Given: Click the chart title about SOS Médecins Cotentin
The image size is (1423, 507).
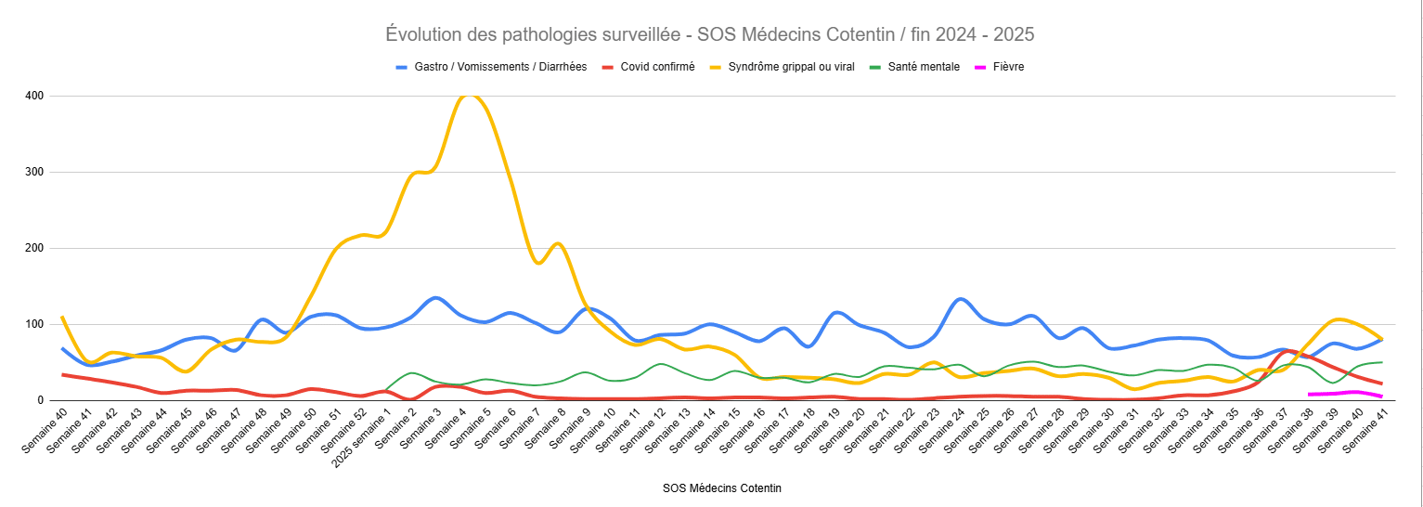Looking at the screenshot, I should point(710,34).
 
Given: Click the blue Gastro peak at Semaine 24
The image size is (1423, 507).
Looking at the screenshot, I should point(961,299).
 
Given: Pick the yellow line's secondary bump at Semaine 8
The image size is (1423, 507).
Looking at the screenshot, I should point(557,244).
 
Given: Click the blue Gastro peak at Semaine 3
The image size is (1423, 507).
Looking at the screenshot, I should point(435,297).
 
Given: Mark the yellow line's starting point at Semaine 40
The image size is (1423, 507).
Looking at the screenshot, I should point(63,318).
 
